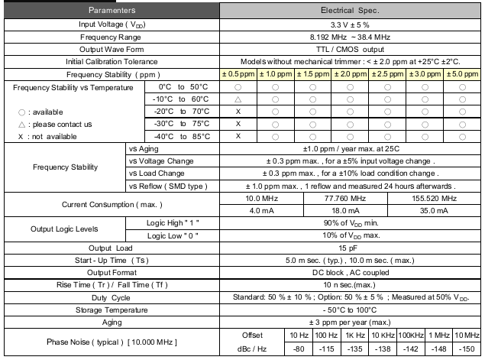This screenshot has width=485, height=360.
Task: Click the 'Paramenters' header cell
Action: [x=112, y=11]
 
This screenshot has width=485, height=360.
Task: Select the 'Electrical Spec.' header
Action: [x=351, y=11]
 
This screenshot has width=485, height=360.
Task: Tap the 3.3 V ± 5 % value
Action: [x=351, y=24]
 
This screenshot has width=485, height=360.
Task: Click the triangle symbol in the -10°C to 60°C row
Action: [x=238, y=99]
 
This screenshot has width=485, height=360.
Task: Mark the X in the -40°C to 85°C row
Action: [x=238, y=136]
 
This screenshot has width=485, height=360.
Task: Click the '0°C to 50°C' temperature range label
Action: [x=182, y=87]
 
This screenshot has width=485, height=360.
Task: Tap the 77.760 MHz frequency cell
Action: [x=351, y=198]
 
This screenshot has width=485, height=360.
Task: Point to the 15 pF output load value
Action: [x=351, y=248]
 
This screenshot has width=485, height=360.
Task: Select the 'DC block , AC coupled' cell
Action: [x=351, y=272]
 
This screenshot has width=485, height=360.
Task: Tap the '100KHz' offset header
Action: [x=411, y=336]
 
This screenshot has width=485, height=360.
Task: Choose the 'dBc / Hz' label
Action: [x=252, y=348]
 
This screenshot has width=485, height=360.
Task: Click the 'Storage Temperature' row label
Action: [x=112, y=310]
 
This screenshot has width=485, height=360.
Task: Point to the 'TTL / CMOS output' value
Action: [x=351, y=49]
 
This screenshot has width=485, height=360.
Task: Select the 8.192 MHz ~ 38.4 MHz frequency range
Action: [x=351, y=37]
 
